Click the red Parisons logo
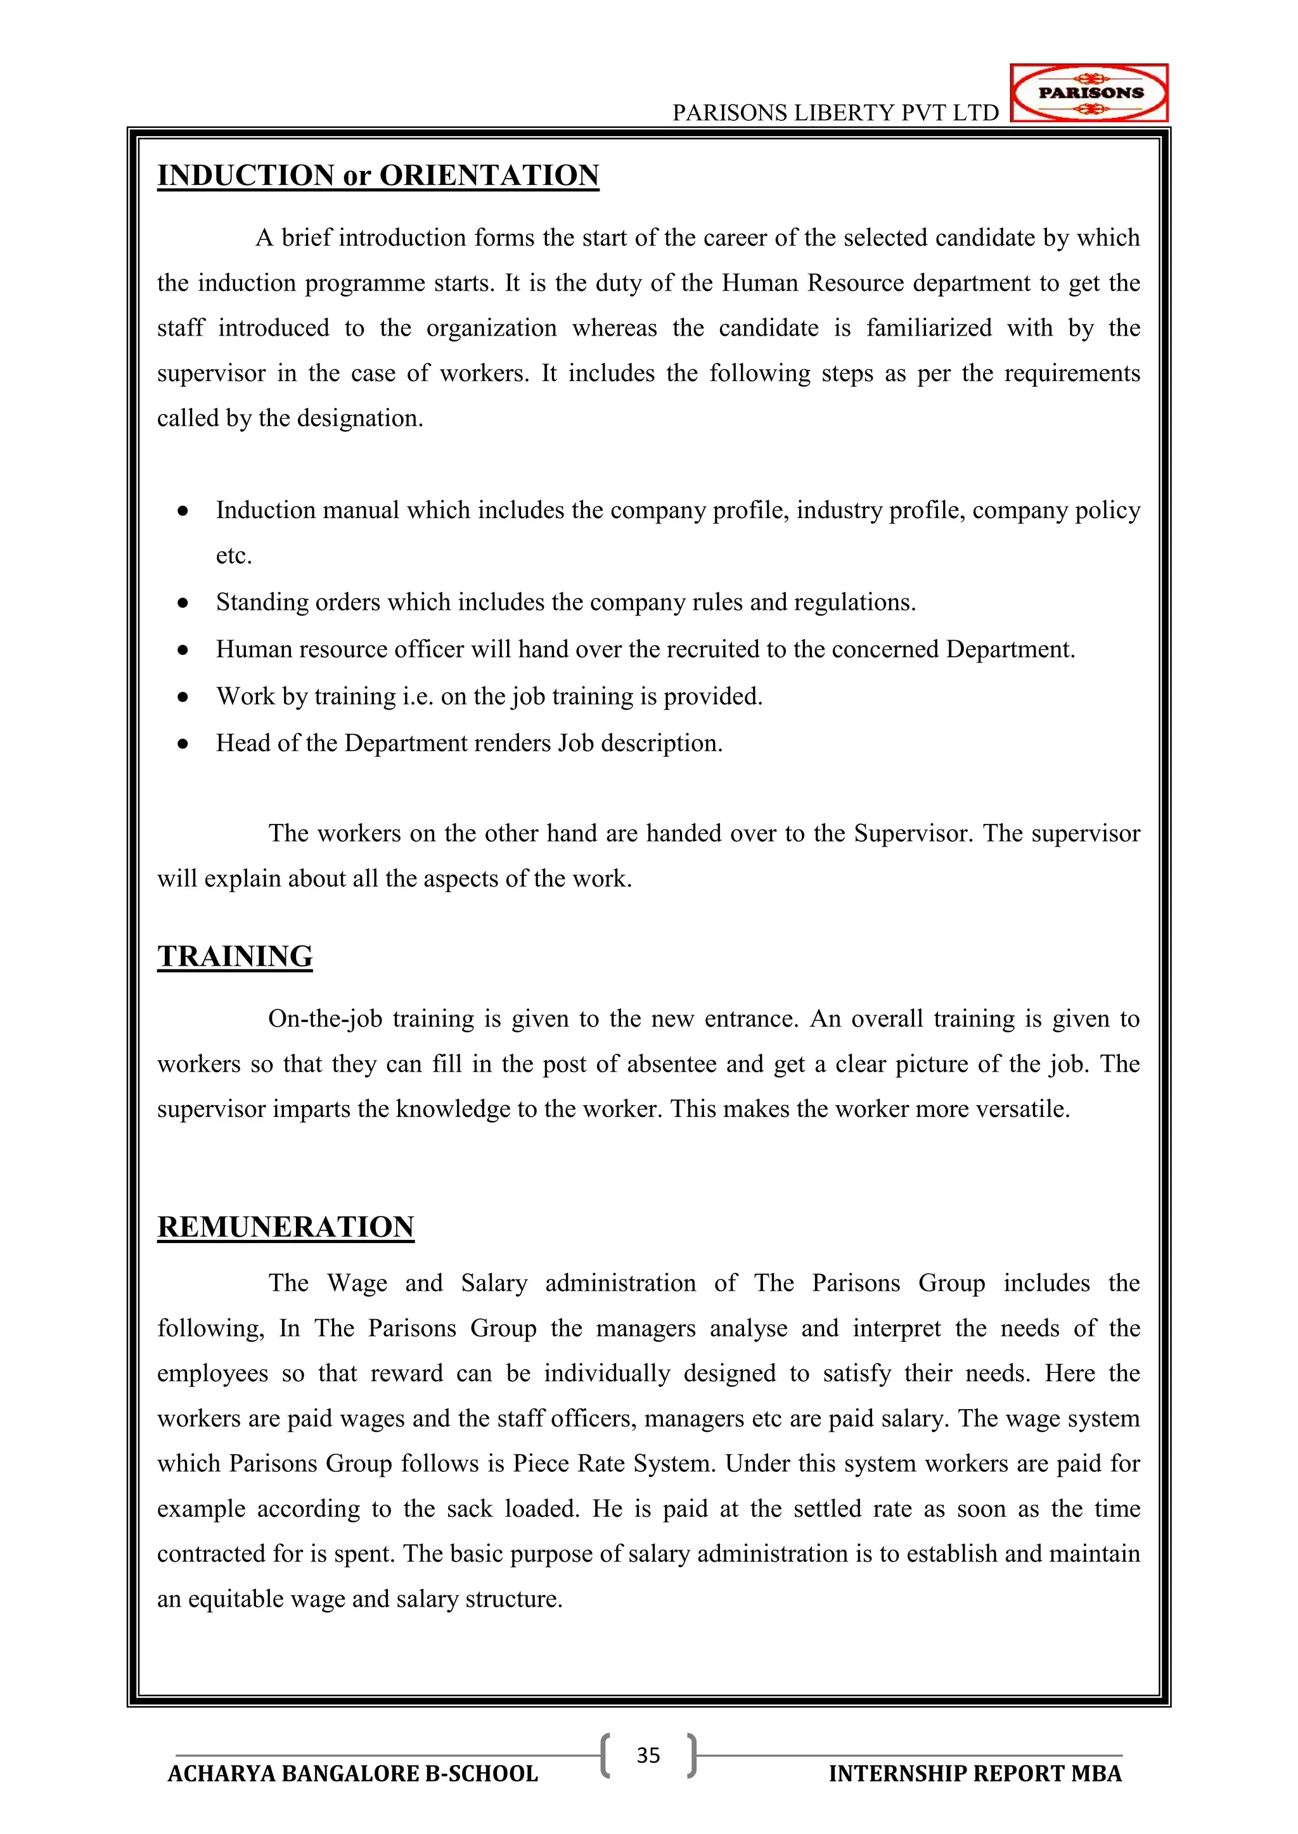pyautogui.click(x=1089, y=92)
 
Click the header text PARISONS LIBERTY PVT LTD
pyautogui.click(x=835, y=113)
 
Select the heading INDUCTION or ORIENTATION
pyautogui.click(x=377, y=175)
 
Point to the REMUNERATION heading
pyautogui.click(x=285, y=1227)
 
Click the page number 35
pyautogui.click(x=648, y=1755)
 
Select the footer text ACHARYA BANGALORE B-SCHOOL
pyautogui.click(x=352, y=1774)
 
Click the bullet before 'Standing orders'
pyautogui.click(x=183, y=602)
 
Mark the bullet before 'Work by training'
pyautogui.click(x=183, y=697)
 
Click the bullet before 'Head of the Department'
pyautogui.click(x=183, y=743)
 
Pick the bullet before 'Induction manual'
pyautogui.click(x=183, y=510)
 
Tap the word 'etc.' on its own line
pyautogui.click(x=233, y=556)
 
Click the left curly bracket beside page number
pyautogui.click(x=606, y=1755)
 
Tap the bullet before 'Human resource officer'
pyautogui.click(x=183, y=649)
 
